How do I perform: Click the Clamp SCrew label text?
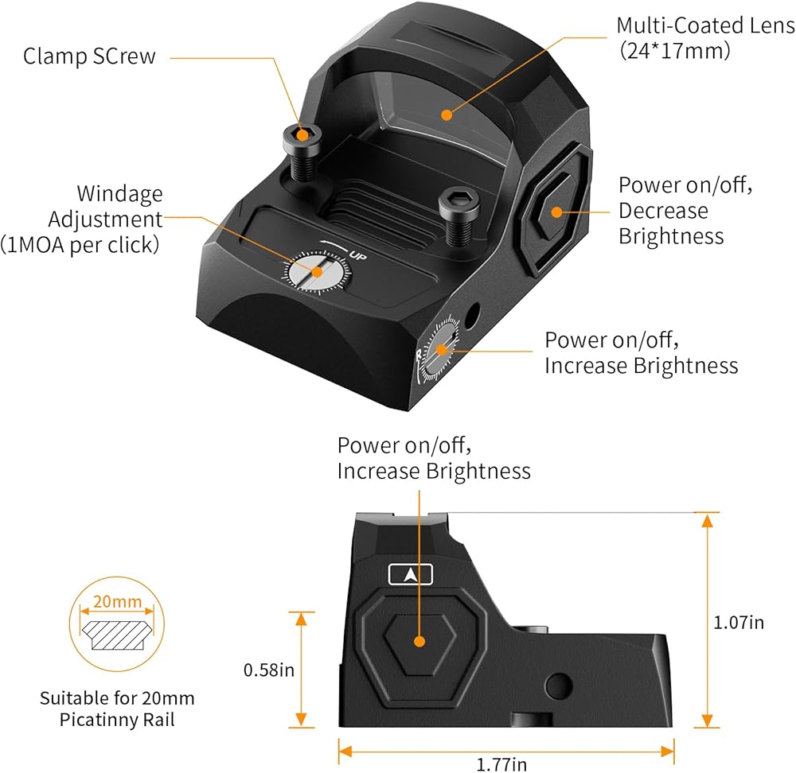[89, 56]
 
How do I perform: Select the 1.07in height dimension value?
[739, 623]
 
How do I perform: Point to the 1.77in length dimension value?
[501, 764]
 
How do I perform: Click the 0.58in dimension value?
[269, 670]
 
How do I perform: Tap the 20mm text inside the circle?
[117, 601]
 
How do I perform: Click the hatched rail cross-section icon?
[117, 635]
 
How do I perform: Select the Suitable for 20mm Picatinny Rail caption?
[117, 709]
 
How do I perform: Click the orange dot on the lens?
[447, 115]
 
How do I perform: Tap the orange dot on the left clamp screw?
[302, 135]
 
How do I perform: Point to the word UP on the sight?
[358, 257]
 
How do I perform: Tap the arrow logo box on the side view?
[411, 575]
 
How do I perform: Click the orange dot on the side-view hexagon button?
[419, 642]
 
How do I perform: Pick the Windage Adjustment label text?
[80, 219]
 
